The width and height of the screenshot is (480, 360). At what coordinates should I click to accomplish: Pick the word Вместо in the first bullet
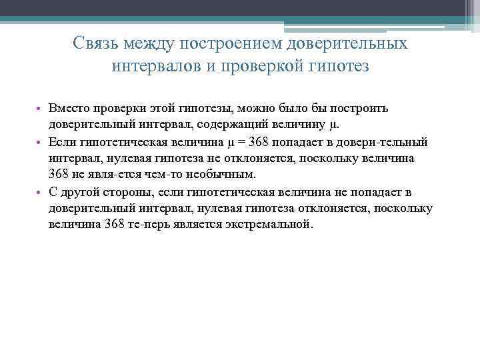[67, 109]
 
